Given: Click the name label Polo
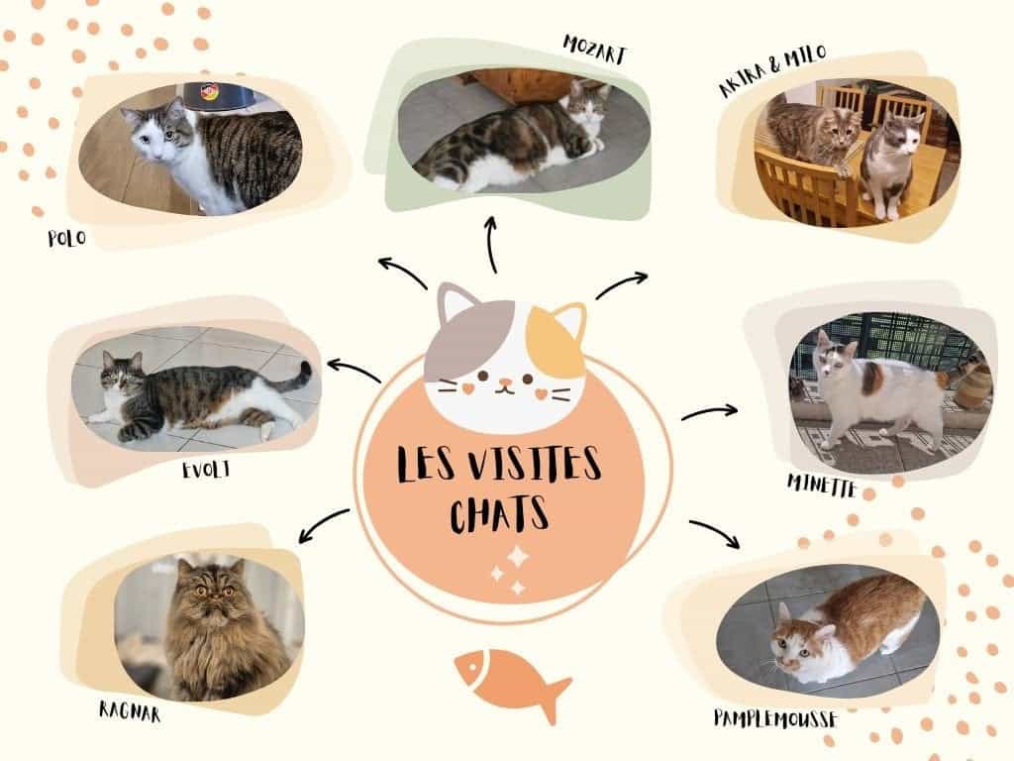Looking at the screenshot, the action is pyautogui.click(x=66, y=238).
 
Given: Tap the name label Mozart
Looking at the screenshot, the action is pyautogui.click(x=595, y=50).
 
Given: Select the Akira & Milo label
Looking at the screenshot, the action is pyautogui.click(x=772, y=70).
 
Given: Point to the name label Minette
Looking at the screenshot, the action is pyautogui.click(x=822, y=486).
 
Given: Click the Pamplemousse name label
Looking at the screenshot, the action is pyautogui.click(x=775, y=719).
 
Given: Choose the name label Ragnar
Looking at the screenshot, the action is pyautogui.click(x=130, y=711).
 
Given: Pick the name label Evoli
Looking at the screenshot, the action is pyautogui.click(x=206, y=469).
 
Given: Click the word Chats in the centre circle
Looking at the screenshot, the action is pyautogui.click(x=499, y=514).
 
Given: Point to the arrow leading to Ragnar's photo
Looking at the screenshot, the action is pyautogui.click(x=324, y=524).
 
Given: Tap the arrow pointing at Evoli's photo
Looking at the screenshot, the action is pyautogui.click(x=354, y=371).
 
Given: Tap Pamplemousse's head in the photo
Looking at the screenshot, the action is pyautogui.click(x=799, y=641).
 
